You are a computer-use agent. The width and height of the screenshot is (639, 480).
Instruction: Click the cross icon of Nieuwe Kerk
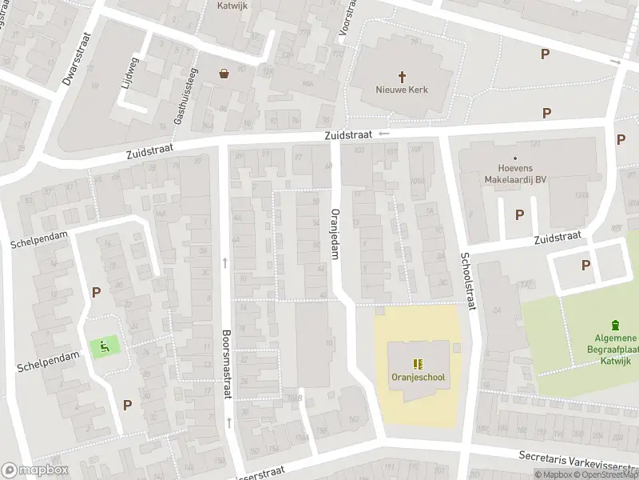pyautogui.click(x=402, y=74)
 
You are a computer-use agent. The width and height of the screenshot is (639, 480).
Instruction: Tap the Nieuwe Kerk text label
pyautogui.click(x=402, y=90)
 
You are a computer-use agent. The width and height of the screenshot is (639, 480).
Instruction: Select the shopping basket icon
pyautogui.click(x=224, y=74)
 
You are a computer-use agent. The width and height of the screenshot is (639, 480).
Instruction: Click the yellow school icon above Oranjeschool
pyautogui.click(x=418, y=362)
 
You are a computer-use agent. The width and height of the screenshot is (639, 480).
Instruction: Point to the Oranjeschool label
pyautogui.click(x=418, y=378)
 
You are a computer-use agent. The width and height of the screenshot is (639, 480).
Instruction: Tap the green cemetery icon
pyautogui.click(x=614, y=325)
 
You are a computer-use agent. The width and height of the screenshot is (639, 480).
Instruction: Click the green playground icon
pyautogui.click(x=105, y=346)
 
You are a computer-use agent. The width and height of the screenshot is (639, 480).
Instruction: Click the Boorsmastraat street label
pyautogui.click(x=226, y=356)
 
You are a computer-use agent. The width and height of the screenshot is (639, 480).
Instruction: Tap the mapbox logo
pyautogui.click(x=34, y=470)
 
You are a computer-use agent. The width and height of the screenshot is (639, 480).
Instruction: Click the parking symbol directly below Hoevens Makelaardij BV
pyautogui.click(x=520, y=214)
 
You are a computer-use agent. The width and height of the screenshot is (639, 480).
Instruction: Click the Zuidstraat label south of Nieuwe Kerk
pyautogui.click(x=349, y=136)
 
